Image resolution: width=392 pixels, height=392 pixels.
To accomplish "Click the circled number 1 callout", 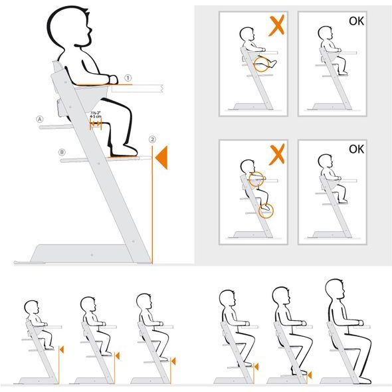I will click(x=128, y=78).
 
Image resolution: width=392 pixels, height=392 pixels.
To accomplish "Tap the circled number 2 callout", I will click(x=152, y=140).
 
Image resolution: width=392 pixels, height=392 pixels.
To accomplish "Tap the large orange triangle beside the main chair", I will click(x=161, y=158).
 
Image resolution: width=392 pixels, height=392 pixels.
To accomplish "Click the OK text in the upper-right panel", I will click(x=356, y=21).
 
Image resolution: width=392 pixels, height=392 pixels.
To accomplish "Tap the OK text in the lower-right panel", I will click(x=356, y=149).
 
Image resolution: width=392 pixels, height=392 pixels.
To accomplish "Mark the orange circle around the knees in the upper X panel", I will click(x=264, y=64).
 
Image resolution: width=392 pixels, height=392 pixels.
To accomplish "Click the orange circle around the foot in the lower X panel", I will click(x=266, y=211).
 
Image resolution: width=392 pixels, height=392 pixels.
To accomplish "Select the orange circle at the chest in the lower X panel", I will click(x=256, y=178).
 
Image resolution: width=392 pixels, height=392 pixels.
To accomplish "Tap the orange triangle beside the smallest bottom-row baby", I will click(x=61, y=349).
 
